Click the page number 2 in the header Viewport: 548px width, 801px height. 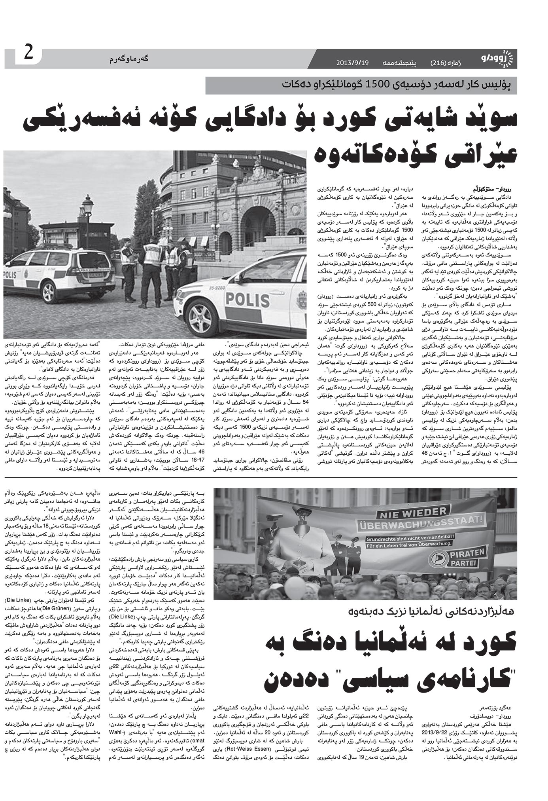[x=29, y=53]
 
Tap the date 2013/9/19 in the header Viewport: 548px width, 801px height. [x=353, y=63]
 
